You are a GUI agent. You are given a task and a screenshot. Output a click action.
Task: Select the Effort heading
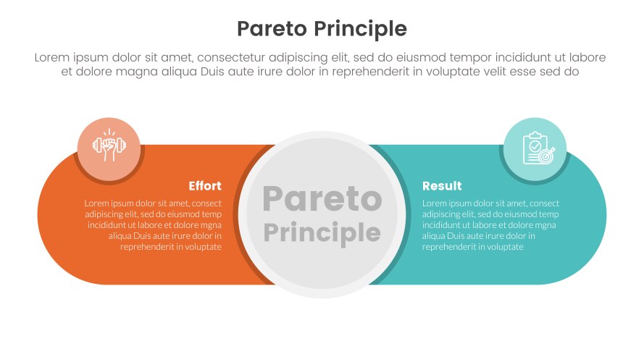point(205,186)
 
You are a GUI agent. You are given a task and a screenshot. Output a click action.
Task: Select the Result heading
point(442,186)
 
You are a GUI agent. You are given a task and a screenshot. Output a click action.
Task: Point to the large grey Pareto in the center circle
point(322,199)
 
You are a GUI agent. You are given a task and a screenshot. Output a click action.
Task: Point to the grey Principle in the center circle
point(322,232)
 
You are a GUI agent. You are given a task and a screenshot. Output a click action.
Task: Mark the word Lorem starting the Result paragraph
point(435,203)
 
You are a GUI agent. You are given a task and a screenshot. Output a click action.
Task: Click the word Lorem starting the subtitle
point(52,57)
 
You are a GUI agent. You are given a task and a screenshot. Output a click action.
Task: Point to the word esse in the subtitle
point(530,72)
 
